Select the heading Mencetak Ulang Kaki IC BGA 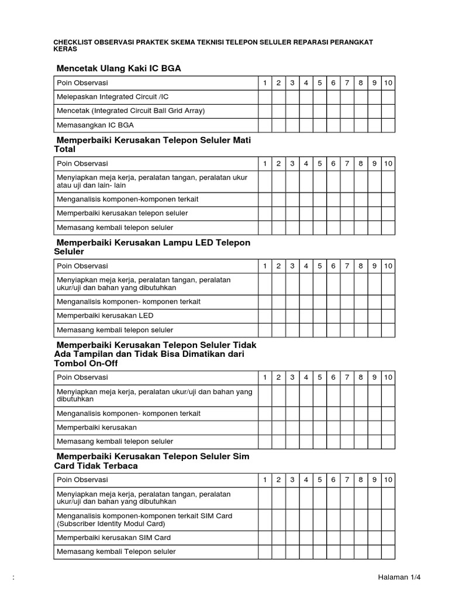pos(119,68)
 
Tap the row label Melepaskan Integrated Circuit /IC pos(113,97)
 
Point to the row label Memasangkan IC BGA pos(95,125)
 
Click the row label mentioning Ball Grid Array pos(131,111)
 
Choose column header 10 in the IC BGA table pos(388,83)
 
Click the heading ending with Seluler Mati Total pos(156,144)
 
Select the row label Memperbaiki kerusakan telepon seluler pos(122,213)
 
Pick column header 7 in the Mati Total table pos(347,164)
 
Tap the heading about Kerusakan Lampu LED pos(153,247)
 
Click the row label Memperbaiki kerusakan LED pos(105,315)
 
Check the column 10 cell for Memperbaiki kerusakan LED pos(388,315)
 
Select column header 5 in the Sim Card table pos(319,480)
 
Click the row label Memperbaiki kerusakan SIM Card pos(113,537)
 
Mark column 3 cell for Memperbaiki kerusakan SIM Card pos(292,537)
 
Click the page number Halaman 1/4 pos(399,577)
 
